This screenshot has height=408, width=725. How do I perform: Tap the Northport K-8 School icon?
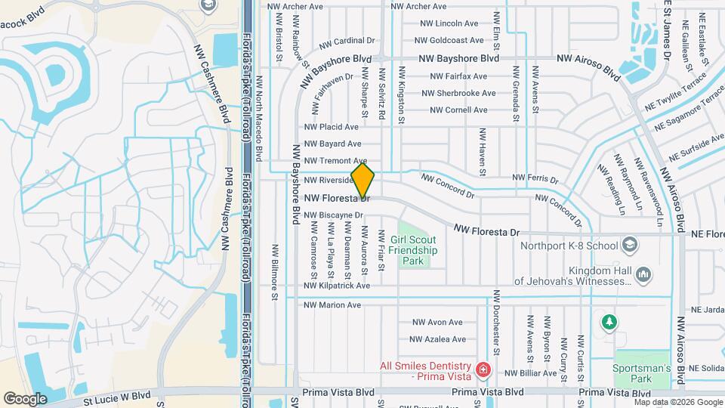point(630,245)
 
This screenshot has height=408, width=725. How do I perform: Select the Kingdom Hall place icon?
point(643,274)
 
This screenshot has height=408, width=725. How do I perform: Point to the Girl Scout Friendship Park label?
point(414,249)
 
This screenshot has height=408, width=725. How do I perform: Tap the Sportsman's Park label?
point(642,372)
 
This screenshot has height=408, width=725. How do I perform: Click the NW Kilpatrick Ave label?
point(337,286)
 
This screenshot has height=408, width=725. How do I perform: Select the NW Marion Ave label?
point(332,305)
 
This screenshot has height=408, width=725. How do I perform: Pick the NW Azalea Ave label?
point(439,340)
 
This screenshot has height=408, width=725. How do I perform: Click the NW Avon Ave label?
point(437,322)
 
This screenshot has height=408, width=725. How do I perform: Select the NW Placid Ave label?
point(331,127)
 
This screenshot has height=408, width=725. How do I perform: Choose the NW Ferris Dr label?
point(535,179)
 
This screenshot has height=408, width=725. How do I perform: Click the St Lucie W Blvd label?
point(117,394)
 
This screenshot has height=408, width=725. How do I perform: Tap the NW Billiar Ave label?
point(530,373)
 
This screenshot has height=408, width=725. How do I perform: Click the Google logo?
point(25,398)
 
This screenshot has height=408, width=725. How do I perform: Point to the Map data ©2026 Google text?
point(677,403)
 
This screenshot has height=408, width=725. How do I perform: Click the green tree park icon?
point(609,323)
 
